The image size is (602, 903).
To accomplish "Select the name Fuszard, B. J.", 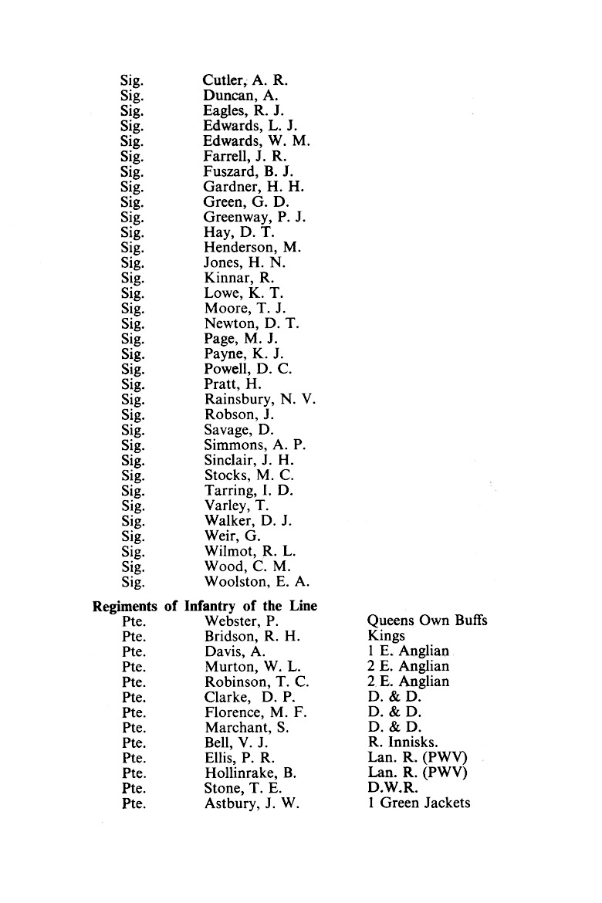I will click(x=248, y=171).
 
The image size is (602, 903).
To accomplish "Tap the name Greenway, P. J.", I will click(x=255, y=217).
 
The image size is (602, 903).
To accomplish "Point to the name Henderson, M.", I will click(x=252, y=247).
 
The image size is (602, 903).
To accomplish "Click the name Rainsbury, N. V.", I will click(x=260, y=400).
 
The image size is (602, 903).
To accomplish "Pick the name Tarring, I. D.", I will click(x=249, y=490).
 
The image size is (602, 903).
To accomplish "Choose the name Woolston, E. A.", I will click(x=258, y=581).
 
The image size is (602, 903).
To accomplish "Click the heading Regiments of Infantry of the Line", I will click(x=205, y=605).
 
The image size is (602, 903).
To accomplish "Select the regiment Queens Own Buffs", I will click(x=428, y=621).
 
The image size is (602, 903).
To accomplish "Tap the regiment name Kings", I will click(x=387, y=636).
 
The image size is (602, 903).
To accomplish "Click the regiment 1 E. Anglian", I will click(x=408, y=651).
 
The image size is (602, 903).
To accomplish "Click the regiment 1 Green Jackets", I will click(x=419, y=803).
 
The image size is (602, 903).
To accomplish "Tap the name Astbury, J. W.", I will click(x=252, y=803).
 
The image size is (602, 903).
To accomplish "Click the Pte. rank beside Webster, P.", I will click(x=134, y=621).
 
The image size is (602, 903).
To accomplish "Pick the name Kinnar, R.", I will click(x=239, y=278).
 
